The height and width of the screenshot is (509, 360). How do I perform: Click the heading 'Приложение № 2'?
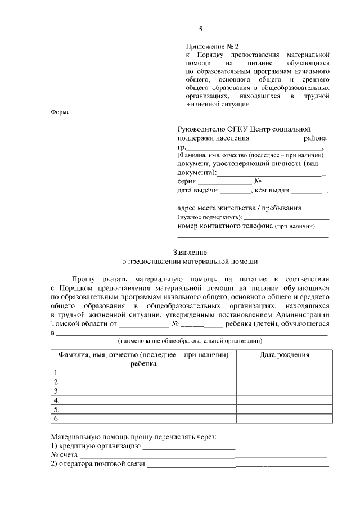(212, 46)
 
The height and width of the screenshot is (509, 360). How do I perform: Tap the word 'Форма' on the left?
(60, 112)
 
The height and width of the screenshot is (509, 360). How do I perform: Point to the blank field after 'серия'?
(224, 182)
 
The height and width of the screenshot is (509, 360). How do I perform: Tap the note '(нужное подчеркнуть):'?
(210, 217)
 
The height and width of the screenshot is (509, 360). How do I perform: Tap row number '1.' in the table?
(56, 372)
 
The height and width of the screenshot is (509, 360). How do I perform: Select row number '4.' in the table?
(56, 400)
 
